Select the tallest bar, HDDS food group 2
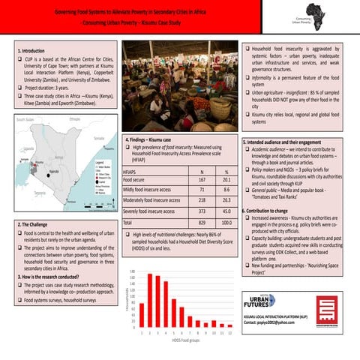(x=149, y=301)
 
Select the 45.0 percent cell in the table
(x=226, y=211)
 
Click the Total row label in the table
(x=127, y=223)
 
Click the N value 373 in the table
(x=202, y=211)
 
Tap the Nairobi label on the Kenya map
(x=53, y=172)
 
